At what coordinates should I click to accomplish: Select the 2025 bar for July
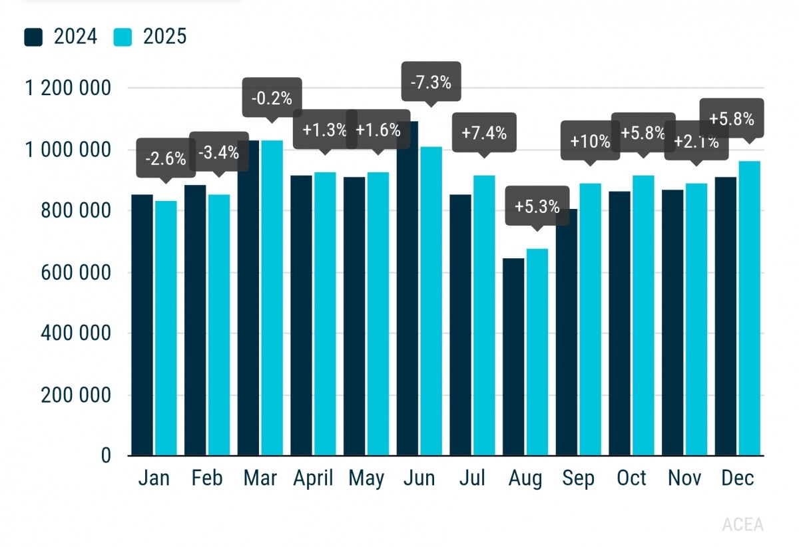484,315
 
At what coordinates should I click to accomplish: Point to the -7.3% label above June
430,83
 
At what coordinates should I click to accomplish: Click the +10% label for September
590,141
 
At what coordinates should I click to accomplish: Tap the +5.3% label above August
537,206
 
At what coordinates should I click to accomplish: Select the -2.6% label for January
165,158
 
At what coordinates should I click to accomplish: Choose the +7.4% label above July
483,132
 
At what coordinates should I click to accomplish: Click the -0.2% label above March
272,98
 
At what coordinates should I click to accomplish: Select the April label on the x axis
313,478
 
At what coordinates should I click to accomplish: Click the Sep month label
578,478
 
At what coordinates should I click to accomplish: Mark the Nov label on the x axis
684,478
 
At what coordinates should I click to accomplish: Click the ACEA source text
742,524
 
